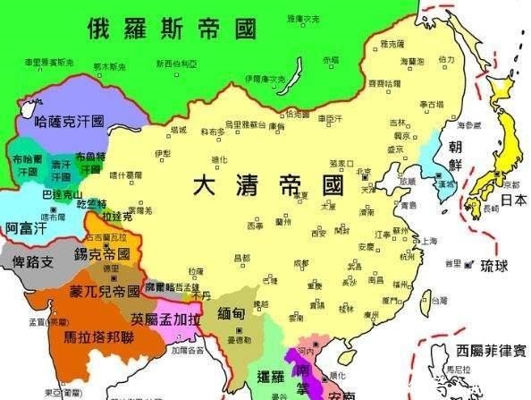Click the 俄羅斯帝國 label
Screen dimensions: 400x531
[x=162, y=29]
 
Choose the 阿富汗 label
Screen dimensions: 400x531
[x=26, y=228]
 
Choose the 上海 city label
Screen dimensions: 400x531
[x=430, y=241]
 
